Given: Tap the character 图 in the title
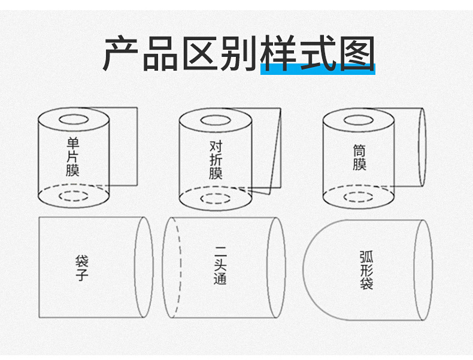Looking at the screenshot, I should click(354, 53).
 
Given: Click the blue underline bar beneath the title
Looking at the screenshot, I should click(317, 67).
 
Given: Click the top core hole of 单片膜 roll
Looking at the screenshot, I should click(72, 119).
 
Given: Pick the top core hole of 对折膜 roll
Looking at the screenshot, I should click(216, 120).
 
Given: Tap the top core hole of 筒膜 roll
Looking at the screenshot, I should click(359, 119).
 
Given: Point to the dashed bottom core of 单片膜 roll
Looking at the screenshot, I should click(73, 196).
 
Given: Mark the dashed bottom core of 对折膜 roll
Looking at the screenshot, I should click(216, 198).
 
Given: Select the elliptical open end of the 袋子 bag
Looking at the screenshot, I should click(144, 267).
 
